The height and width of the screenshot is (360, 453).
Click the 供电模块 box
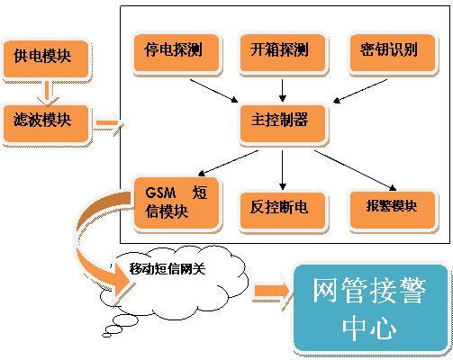(46, 59)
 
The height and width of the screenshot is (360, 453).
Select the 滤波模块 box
(46, 123)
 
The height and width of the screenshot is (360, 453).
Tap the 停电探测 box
(177, 53)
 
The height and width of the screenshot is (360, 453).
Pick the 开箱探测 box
(283, 53)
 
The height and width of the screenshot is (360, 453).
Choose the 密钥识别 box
(393, 53)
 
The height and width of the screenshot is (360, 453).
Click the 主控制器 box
(283, 123)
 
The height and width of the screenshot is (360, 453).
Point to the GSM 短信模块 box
(177, 203)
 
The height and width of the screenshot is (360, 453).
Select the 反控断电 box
(283, 211)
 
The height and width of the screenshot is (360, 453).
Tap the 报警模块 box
(393, 211)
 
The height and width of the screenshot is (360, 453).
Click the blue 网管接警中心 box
(370, 308)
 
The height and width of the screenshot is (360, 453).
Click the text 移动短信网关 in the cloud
(168, 269)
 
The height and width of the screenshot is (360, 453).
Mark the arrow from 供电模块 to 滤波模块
(47, 92)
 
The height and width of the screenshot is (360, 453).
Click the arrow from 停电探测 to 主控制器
(214, 91)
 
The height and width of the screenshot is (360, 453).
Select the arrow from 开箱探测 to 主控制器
(282, 90)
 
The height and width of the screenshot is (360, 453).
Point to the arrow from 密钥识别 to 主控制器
(360, 91)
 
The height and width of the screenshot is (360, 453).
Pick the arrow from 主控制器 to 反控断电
(282, 170)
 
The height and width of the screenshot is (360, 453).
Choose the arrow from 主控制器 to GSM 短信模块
(229, 163)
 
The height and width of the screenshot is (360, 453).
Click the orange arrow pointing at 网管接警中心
(271, 292)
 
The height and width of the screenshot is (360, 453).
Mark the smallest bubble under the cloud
(106, 335)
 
